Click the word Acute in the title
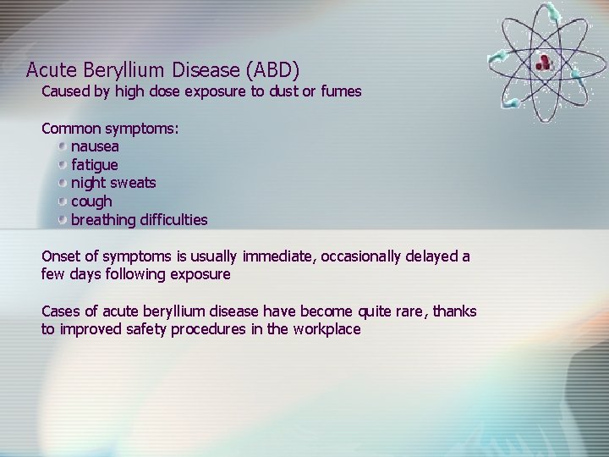coord(49,69)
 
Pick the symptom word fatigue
coord(95,164)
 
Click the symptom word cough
coord(91,201)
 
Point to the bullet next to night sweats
coord(63,183)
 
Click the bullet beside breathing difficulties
coord(63,220)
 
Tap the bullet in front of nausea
coord(63,146)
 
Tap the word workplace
coord(326,329)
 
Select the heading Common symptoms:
coord(110,129)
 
